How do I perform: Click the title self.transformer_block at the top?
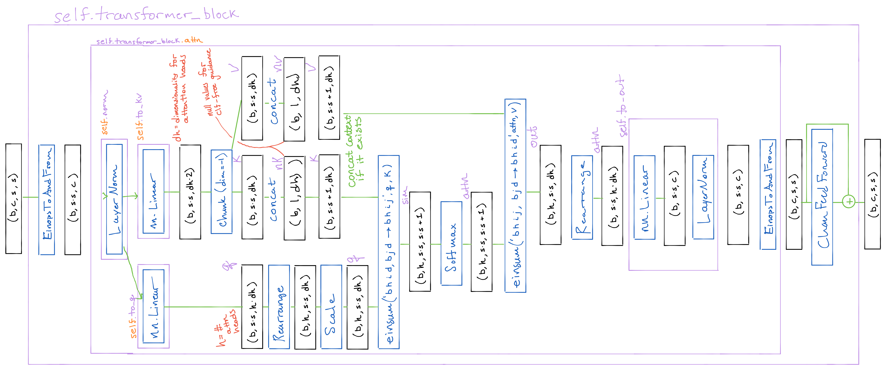tap(146, 15)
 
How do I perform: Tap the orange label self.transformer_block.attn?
tap(149, 41)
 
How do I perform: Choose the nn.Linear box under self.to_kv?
tap(153, 191)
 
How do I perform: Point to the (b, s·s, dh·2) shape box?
tap(190, 192)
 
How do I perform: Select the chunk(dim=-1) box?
tap(221, 192)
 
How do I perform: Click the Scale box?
tap(331, 307)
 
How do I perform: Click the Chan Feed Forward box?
tap(822, 197)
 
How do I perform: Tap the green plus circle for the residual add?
tap(849, 201)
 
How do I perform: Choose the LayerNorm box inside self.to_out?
tap(703, 197)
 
